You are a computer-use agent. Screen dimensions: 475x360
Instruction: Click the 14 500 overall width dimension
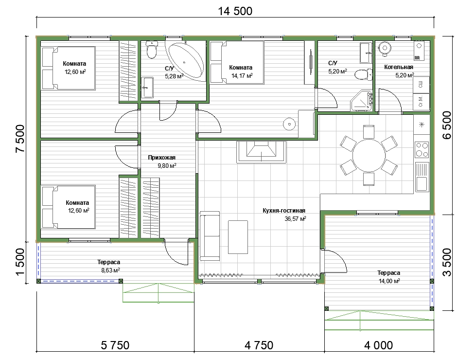point(235,11)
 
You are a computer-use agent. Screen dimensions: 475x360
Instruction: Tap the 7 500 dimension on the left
point(20,139)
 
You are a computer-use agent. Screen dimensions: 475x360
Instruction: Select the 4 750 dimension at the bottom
point(259,345)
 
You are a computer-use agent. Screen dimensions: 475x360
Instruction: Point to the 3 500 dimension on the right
point(447,262)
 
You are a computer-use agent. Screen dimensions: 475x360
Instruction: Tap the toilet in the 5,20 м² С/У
point(363,74)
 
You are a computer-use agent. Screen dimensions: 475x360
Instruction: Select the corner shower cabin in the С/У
point(362,100)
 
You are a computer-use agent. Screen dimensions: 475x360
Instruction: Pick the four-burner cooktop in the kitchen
point(422,150)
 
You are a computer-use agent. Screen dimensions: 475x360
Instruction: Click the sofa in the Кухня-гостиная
point(210,236)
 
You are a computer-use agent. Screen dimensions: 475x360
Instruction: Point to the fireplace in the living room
point(261,152)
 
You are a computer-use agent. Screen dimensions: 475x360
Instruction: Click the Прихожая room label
point(162,158)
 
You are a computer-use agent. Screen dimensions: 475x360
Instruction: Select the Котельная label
point(399,67)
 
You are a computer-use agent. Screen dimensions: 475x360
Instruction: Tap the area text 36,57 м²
point(295,218)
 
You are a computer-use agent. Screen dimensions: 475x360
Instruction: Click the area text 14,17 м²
point(242,76)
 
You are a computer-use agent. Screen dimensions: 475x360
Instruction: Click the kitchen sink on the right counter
point(422,177)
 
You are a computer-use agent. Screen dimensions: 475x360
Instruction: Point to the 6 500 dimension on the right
point(447,125)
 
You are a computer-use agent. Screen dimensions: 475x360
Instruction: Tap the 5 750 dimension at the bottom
point(115,345)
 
